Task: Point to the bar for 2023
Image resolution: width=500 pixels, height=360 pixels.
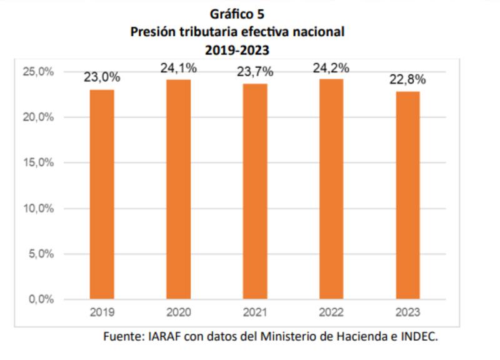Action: tap(407, 195)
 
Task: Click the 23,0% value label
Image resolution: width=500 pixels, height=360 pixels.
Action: tap(102, 77)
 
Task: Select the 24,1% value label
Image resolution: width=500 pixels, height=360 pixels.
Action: tap(178, 68)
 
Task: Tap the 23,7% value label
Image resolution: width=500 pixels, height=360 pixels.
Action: tap(255, 72)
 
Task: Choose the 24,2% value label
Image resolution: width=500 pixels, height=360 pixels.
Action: tap(331, 67)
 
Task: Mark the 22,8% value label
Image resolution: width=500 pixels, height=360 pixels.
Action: tap(407, 79)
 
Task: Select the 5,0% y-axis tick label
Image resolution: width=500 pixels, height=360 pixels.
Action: tap(41, 254)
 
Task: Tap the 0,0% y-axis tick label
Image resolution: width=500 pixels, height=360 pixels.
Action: tap(41, 299)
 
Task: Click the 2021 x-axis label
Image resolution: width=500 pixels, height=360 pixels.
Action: tap(255, 312)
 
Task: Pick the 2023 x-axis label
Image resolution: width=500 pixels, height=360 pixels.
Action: tap(407, 312)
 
